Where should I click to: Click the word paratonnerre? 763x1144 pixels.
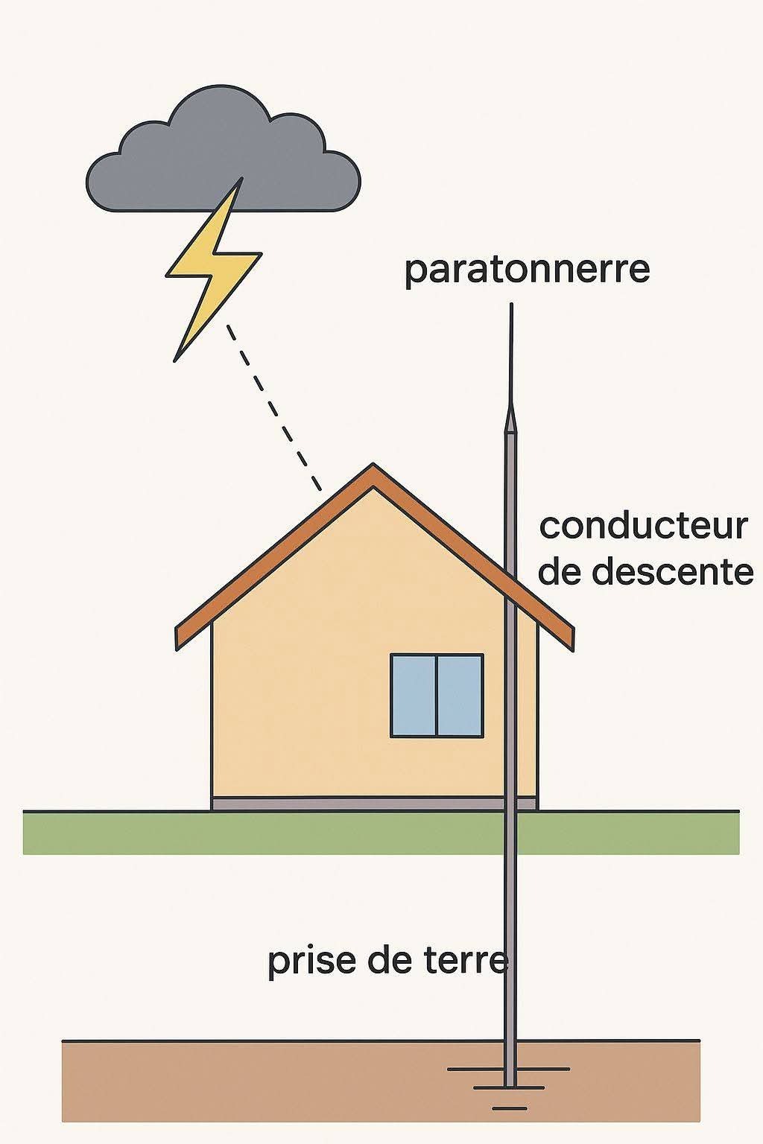click(527, 269)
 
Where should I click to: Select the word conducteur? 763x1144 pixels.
click(643, 526)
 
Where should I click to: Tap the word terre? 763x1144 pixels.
click(466, 961)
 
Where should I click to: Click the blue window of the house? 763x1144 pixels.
click(437, 696)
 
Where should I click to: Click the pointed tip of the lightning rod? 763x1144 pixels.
click(511, 307)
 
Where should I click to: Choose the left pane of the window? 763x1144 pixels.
click(414, 696)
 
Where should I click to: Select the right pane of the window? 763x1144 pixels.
click(460, 696)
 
